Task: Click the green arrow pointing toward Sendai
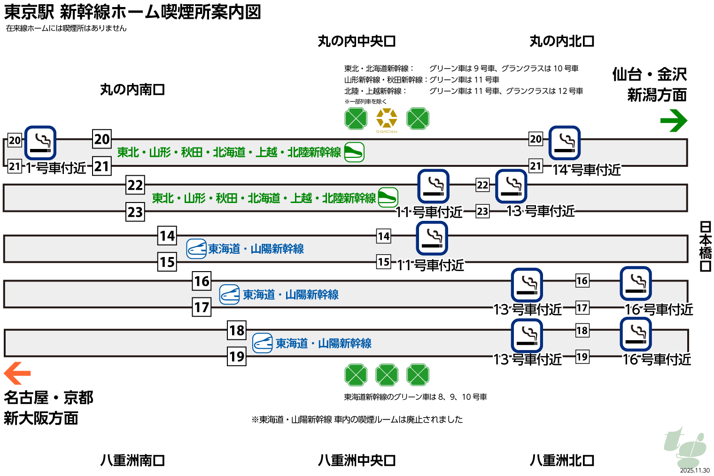(x=674, y=121)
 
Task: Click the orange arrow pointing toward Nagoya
(x=17, y=374)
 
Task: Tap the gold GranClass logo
(x=387, y=119)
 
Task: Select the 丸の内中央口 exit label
(x=357, y=41)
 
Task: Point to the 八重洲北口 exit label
(x=562, y=460)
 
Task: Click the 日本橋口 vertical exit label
(x=705, y=247)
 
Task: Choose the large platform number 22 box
(x=135, y=185)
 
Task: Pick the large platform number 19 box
(x=237, y=357)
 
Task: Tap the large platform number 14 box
(x=167, y=235)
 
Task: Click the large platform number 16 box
(x=202, y=281)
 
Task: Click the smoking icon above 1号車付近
(x=40, y=143)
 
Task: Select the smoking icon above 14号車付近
(x=565, y=143)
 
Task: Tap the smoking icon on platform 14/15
(x=432, y=238)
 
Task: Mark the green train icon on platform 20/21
(x=354, y=152)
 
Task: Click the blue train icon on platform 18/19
(x=263, y=343)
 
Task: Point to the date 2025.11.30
(x=695, y=470)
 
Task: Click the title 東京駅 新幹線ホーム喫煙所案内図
(x=132, y=12)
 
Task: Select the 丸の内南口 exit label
(x=132, y=89)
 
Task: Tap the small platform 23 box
(x=482, y=211)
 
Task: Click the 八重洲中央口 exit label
(x=357, y=460)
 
